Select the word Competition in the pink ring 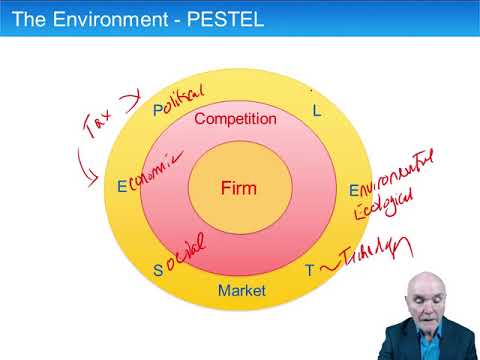235,119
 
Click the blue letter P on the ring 157,109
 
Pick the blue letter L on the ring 317,111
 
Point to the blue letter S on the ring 157,270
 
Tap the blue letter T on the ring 308,270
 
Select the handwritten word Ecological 380,206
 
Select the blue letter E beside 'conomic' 122,186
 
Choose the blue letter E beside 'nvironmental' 353,189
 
